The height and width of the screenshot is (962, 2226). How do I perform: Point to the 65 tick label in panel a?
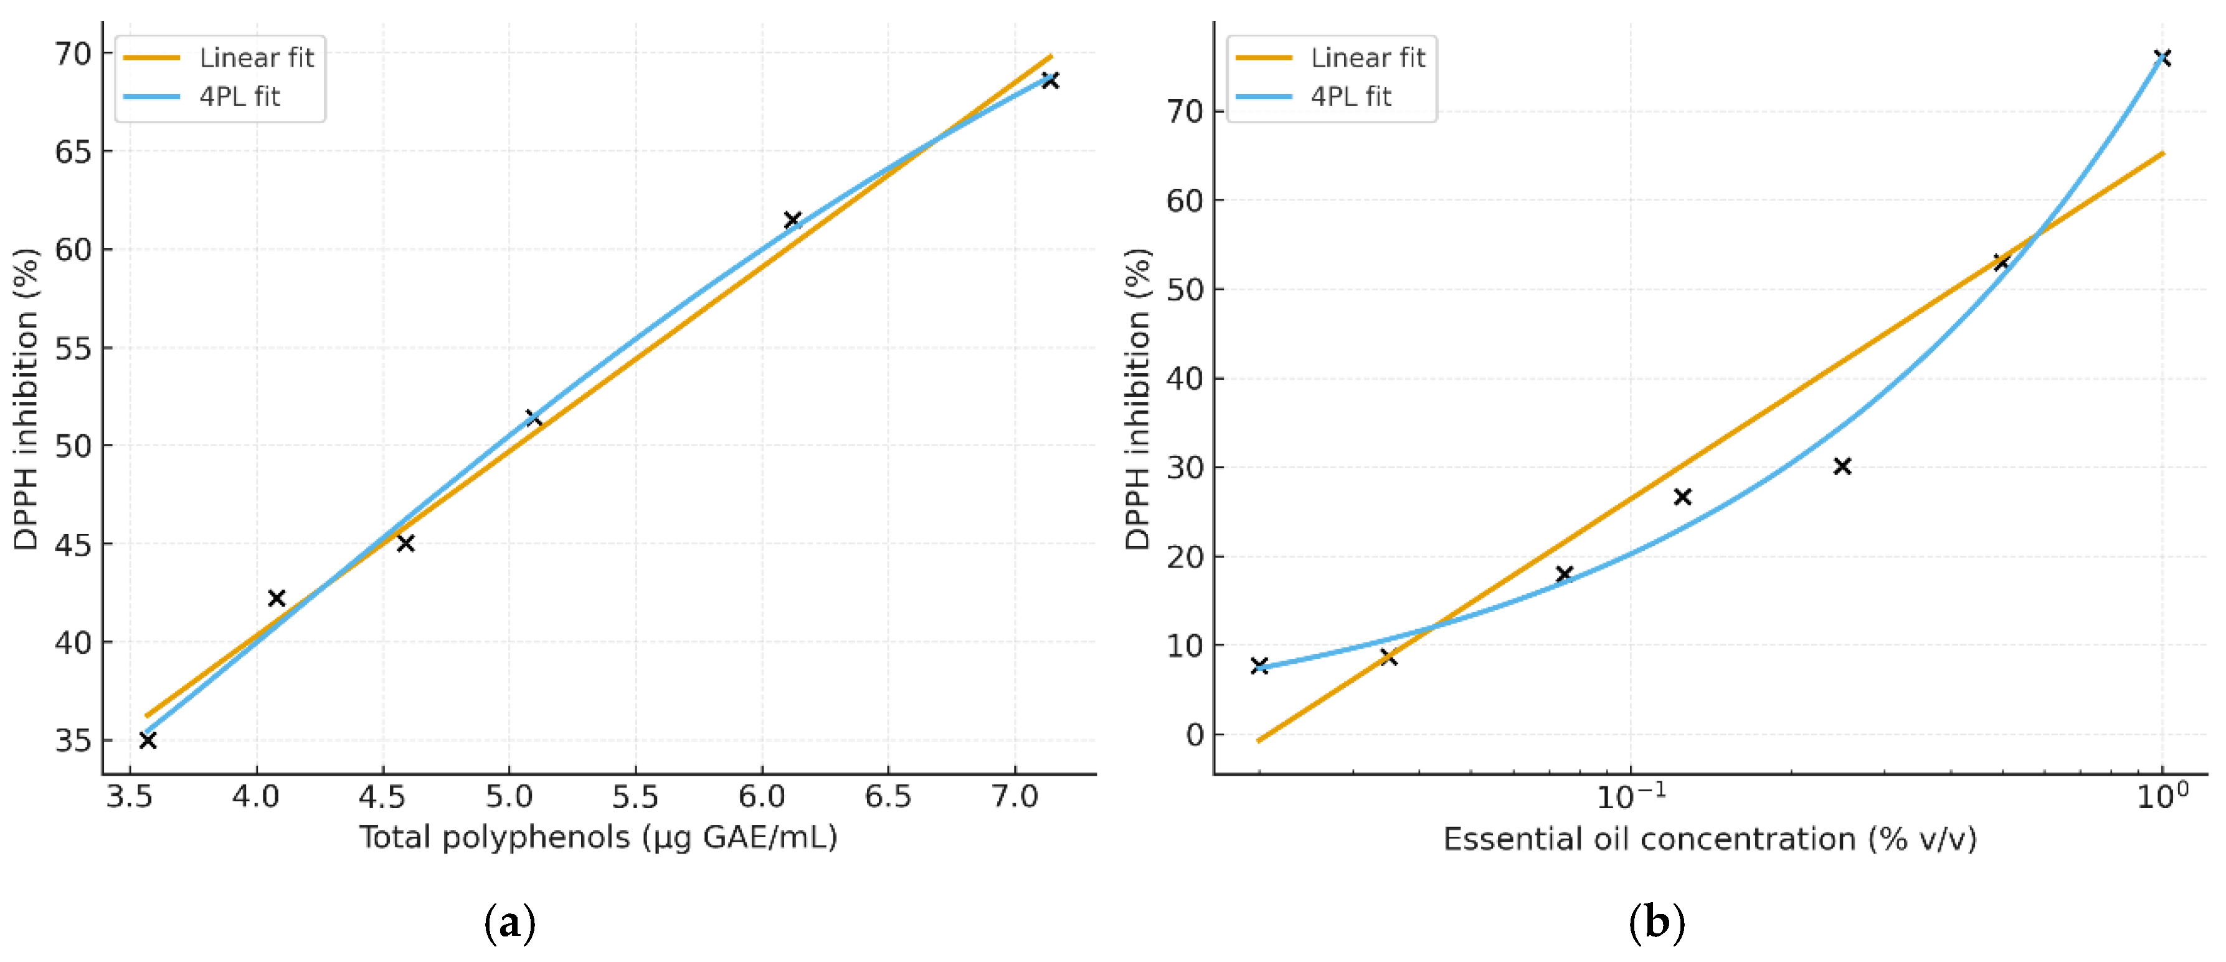point(73,151)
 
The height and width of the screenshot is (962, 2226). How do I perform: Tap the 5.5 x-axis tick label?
point(635,797)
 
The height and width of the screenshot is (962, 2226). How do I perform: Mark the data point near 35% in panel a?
point(148,740)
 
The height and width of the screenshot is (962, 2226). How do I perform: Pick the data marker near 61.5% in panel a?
point(792,219)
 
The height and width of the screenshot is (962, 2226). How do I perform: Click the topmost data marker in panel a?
point(1050,80)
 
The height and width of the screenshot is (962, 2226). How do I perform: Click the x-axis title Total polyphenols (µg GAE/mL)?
point(598,837)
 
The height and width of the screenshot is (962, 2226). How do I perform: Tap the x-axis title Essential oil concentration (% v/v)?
point(1709,839)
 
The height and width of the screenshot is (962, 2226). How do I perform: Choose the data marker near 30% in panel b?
point(1842,466)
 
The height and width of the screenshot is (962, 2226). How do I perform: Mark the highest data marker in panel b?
point(2162,58)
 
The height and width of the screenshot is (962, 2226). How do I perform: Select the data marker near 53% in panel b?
point(2001,262)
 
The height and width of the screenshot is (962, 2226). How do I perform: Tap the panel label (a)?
point(510,924)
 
